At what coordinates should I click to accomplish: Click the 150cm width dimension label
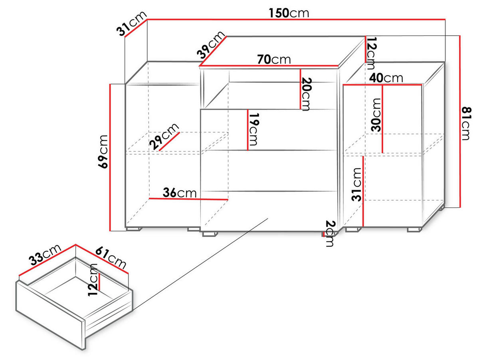coord(289,13)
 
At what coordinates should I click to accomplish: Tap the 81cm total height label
coord(466,123)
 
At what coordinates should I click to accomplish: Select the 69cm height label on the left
coord(103,152)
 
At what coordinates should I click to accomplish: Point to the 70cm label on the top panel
coord(274,60)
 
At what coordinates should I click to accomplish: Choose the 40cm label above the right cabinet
coord(386,78)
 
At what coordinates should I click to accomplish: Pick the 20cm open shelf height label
coord(306,94)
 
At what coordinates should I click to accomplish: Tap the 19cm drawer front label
coord(253,129)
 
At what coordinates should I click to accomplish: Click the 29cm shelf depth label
coord(164,136)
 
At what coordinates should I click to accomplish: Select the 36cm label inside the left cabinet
coord(180,193)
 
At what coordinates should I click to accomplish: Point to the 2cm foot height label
coord(330,233)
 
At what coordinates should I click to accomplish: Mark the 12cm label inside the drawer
coord(93,280)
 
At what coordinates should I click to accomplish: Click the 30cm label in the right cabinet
coord(376,115)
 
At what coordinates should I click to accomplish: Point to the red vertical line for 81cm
coord(460,121)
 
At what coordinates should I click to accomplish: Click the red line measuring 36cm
coord(188,199)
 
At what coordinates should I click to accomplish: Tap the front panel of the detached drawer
coord(51,315)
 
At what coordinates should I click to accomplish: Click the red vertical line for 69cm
coord(110,157)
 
